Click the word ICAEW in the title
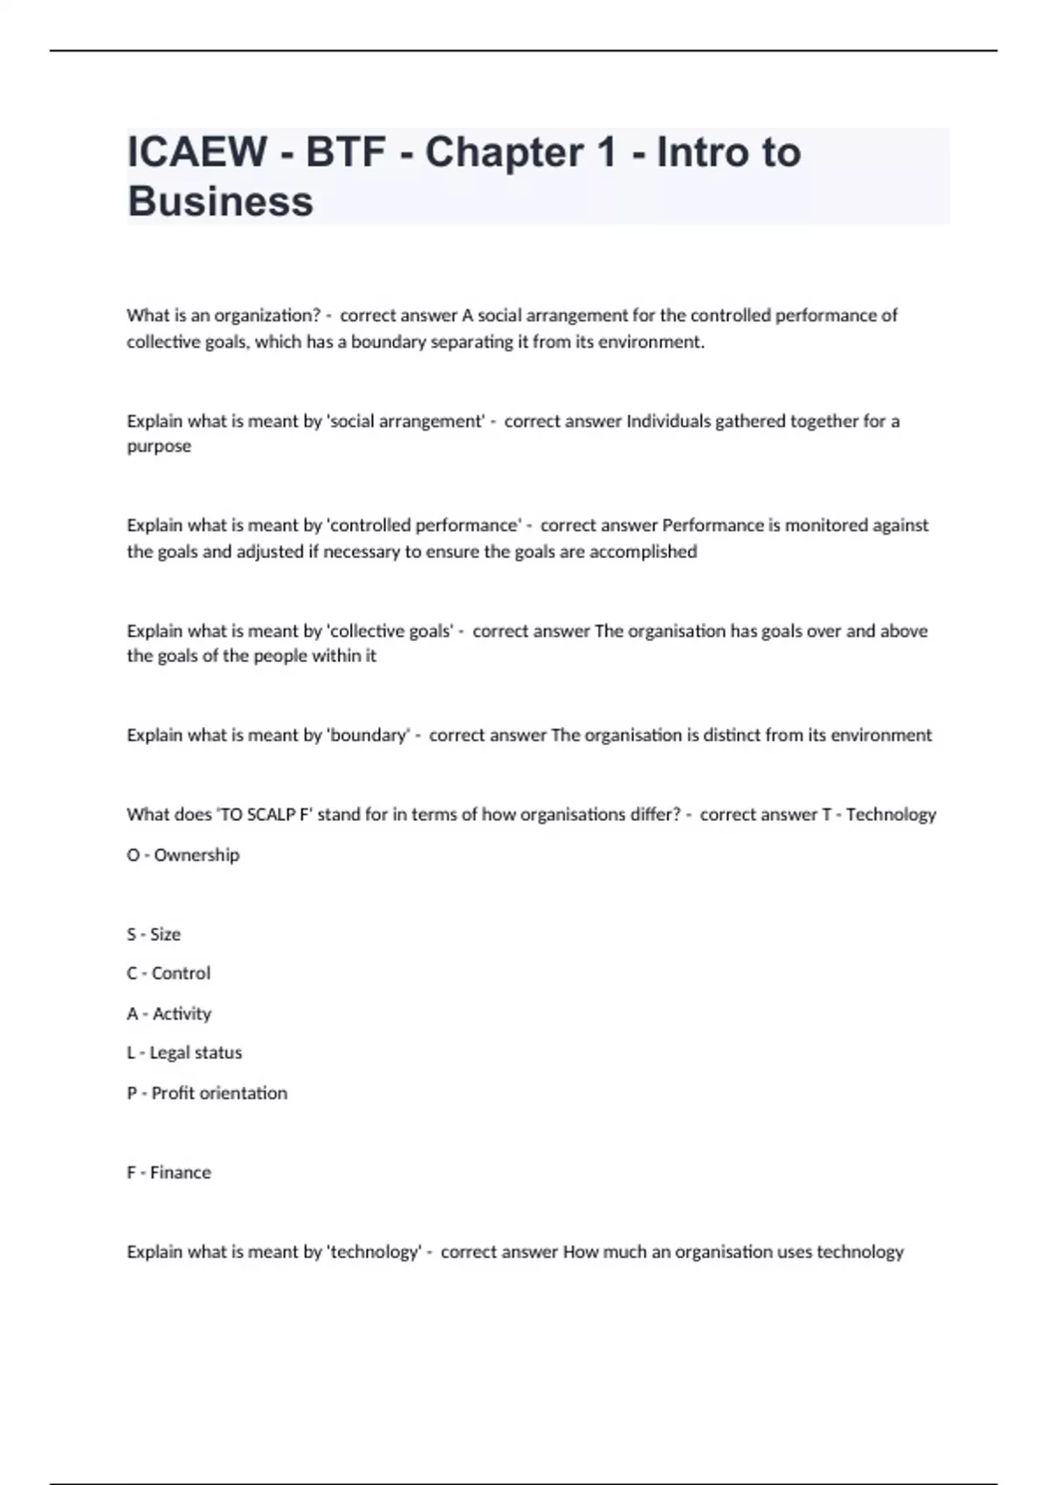196,153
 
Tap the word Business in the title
220,202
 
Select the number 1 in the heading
606,153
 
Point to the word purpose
159,446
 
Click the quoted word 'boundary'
368,736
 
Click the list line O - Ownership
183,855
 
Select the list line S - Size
154,935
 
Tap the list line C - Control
169,973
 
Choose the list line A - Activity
169,1013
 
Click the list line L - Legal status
184,1053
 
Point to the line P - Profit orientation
207,1093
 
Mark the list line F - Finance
169,1172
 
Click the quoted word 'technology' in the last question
374,1252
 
